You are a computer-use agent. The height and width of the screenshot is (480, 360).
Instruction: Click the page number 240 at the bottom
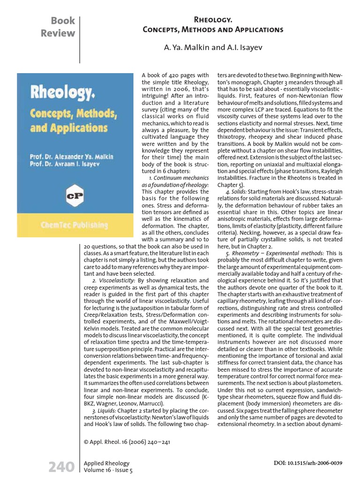click(61, 467)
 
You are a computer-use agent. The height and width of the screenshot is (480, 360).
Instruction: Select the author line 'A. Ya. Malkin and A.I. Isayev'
click(213, 48)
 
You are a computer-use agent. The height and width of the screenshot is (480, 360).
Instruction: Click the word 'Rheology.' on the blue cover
click(63, 94)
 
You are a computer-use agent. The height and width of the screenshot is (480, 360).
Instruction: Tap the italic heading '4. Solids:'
click(236, 192)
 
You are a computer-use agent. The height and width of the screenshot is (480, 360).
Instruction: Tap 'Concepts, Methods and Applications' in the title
click(213, 30)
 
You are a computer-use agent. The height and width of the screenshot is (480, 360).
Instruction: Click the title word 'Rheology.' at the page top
click(213, 20)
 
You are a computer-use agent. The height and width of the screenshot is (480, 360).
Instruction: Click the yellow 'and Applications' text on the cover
click(63, 128)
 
